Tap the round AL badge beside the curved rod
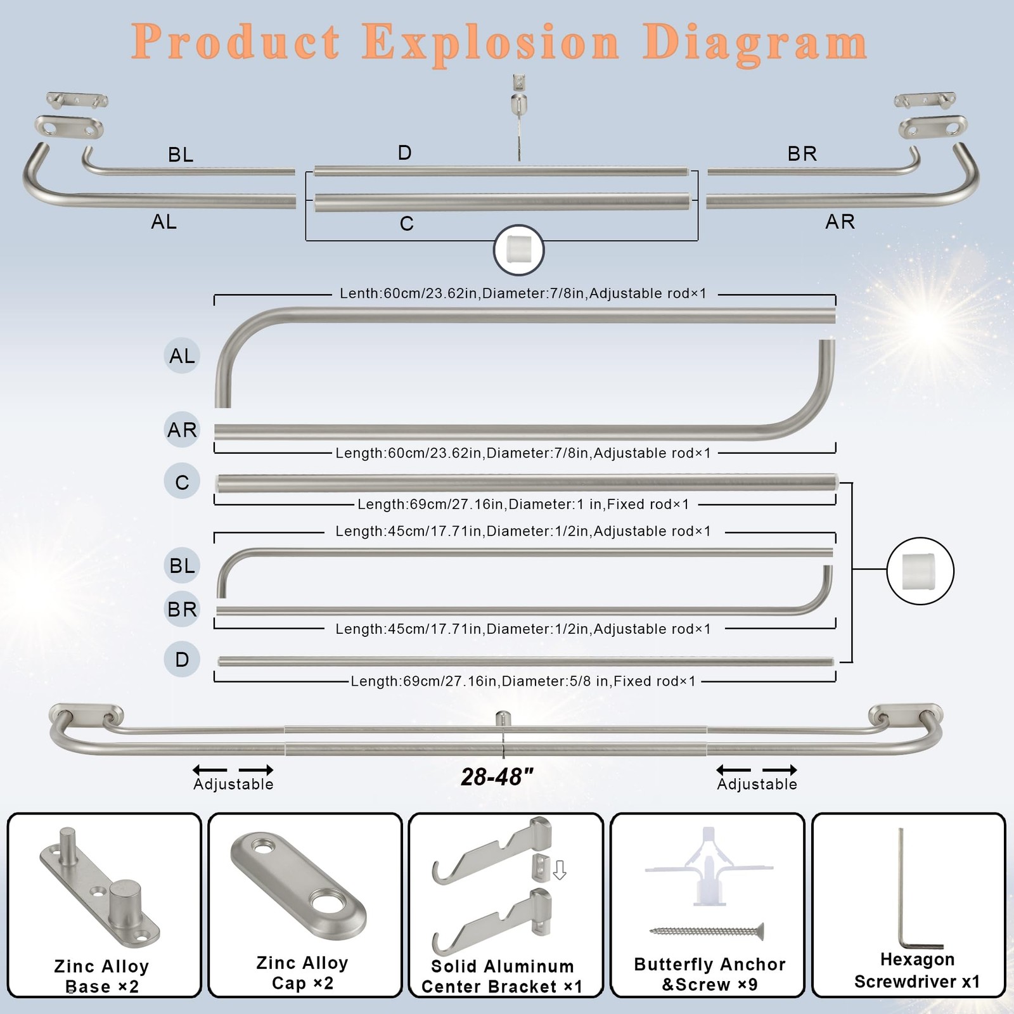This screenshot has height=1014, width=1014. tap(182, 356)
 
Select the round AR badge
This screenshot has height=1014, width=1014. tap(182, 430)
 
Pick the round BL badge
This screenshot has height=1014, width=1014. tap(182, 565)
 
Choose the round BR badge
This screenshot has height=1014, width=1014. tap(182, 609)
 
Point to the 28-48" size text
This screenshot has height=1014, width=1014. tap(497, 777)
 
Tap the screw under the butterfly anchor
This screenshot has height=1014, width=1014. tap(707, 931)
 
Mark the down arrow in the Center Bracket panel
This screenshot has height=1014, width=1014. tap(560, 870)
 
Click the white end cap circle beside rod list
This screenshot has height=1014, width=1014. tap(920, 570)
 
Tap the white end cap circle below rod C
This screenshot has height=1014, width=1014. tap(519, 250)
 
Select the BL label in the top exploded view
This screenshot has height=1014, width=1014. tap(181, 155)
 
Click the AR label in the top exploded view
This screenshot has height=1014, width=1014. tap(840, 221)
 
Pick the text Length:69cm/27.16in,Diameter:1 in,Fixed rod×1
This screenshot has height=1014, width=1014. tap(523, 504)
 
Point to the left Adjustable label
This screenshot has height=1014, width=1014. tap(233, 784)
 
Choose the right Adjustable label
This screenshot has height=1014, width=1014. tap(757, 784)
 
